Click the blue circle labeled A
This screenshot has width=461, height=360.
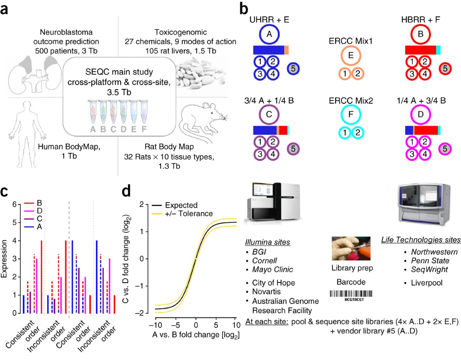coord(269,34)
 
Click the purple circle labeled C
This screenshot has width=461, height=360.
coord(269,114)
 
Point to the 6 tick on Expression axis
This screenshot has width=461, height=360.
coord(14,204)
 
